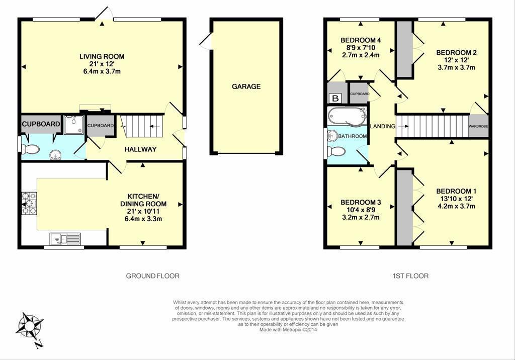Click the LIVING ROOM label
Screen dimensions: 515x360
[102, 56]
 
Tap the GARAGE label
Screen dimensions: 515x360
[246, 86]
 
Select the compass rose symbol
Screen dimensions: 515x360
[30, 326]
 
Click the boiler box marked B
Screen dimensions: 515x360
[335, 98]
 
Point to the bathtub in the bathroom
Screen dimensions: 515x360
[347, 116]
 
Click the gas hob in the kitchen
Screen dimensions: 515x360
[29, 203]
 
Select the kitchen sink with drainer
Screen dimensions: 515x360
[65, 239]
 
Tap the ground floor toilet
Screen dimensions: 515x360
[31, 149]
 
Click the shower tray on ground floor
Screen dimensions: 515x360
[74, 125]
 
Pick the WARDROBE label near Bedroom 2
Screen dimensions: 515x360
[478, 127]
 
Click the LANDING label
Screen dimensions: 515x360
[383, 126]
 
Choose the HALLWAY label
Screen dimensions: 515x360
[140, 149]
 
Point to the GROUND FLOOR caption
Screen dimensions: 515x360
[153, 276]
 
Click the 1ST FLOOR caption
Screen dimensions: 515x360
[410, 276]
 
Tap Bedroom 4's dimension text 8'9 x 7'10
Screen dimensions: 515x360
[361, 48]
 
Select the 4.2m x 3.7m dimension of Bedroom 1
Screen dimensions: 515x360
[457, 206]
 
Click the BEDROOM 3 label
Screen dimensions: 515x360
[361, 202]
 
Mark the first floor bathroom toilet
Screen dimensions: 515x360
[336, 151]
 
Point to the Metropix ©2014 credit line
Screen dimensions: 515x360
[288, 329]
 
